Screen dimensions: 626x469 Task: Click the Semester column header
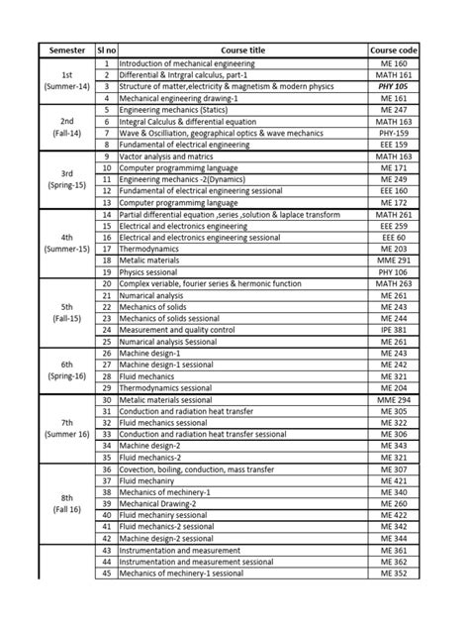point(65,49)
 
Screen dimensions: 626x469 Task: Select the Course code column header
point(395,49)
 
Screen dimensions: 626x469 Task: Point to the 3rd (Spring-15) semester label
point(65,178)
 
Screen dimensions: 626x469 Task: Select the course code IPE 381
point(395,329)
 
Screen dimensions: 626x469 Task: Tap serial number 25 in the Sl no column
point(106,341)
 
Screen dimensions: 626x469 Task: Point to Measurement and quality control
point(177,329)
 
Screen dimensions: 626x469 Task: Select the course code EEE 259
point(395,225)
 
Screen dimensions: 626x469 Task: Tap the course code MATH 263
point(395,283)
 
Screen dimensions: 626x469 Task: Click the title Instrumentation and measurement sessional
point(196,562)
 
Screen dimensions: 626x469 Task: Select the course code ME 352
point(395,573)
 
